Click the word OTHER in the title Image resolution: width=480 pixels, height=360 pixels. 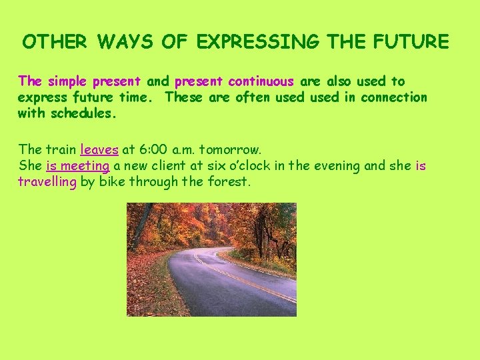pyautogui.click(x=55, y=41)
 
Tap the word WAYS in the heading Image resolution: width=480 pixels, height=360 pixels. pyautogui.click(x=125, y=41)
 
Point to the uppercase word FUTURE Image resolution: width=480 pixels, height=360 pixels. pyautogui.click(x=411, y=41)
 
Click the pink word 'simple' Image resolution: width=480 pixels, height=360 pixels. pyautogui.click(x=67, y=81)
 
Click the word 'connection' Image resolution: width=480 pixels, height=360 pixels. pyautogui.click(x=394, y=97)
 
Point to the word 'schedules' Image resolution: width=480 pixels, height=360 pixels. pyautogui.click(x=81, y=113)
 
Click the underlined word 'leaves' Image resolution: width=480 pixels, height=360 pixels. pyautogui.click(x=99, y=150)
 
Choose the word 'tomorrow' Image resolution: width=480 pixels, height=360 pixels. pyautogui.click(x=229, y=150)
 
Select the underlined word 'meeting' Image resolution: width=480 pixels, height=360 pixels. pyautogui.click(x=85, y=165)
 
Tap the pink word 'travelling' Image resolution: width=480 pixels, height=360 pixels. pyautogui.click(x=47, y=181)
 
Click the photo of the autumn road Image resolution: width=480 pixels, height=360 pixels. pyautogui.click(x=211, y=259)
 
